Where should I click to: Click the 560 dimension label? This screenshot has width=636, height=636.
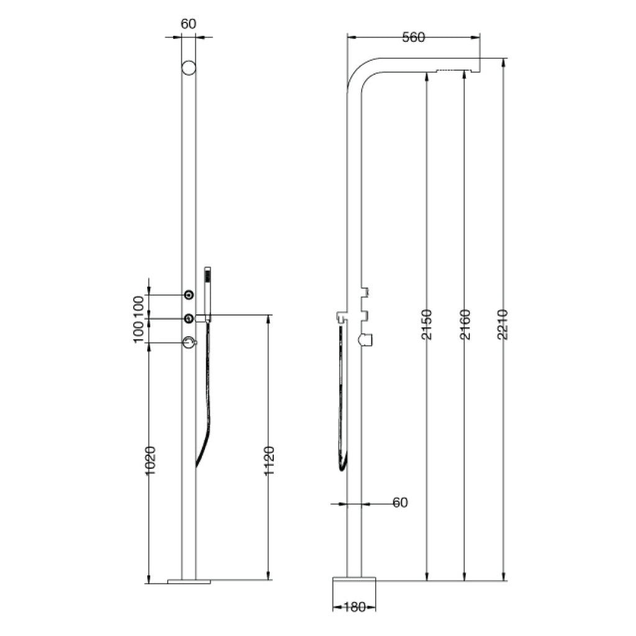413,38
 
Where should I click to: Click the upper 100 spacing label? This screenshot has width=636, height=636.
138,306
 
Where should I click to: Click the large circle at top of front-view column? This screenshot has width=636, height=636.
188,68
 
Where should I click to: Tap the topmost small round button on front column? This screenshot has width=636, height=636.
188,294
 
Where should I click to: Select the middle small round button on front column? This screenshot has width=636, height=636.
188,318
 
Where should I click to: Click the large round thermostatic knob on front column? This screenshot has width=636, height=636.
188,342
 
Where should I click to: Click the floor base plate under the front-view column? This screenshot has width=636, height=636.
189,581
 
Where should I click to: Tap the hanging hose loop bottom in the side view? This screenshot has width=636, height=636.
342,466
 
